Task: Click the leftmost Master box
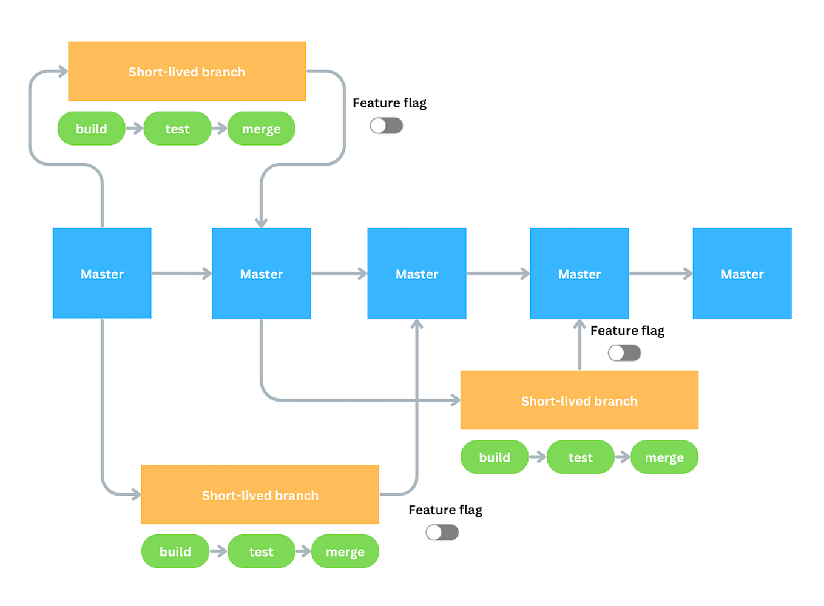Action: [x=102, y=274]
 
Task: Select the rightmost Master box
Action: [x=741, y=274]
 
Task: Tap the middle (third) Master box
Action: [x=416, y=274]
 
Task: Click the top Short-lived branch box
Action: [x=187, y=72]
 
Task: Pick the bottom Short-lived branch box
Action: [x=260, y=495]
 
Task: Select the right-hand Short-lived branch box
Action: [x=579, y=400]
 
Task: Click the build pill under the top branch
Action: [x=92, y=129]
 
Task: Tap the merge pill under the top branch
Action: [x=261, y=129]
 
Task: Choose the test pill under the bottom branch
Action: [x=261, y=551]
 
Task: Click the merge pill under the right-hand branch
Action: [x=664, y=457]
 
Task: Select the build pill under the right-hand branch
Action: [x=495, y=457]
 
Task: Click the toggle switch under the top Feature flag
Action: [x=387, y=126]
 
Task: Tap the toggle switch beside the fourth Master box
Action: [x=624, y=353]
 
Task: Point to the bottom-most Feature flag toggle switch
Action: [x=442, y=533]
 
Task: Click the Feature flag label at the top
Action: [x=389, y=103]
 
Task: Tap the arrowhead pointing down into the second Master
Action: [x=262, y=222]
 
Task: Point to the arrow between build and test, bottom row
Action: [x=218, y=552]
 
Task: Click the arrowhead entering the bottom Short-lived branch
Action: [x=135, y=495]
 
